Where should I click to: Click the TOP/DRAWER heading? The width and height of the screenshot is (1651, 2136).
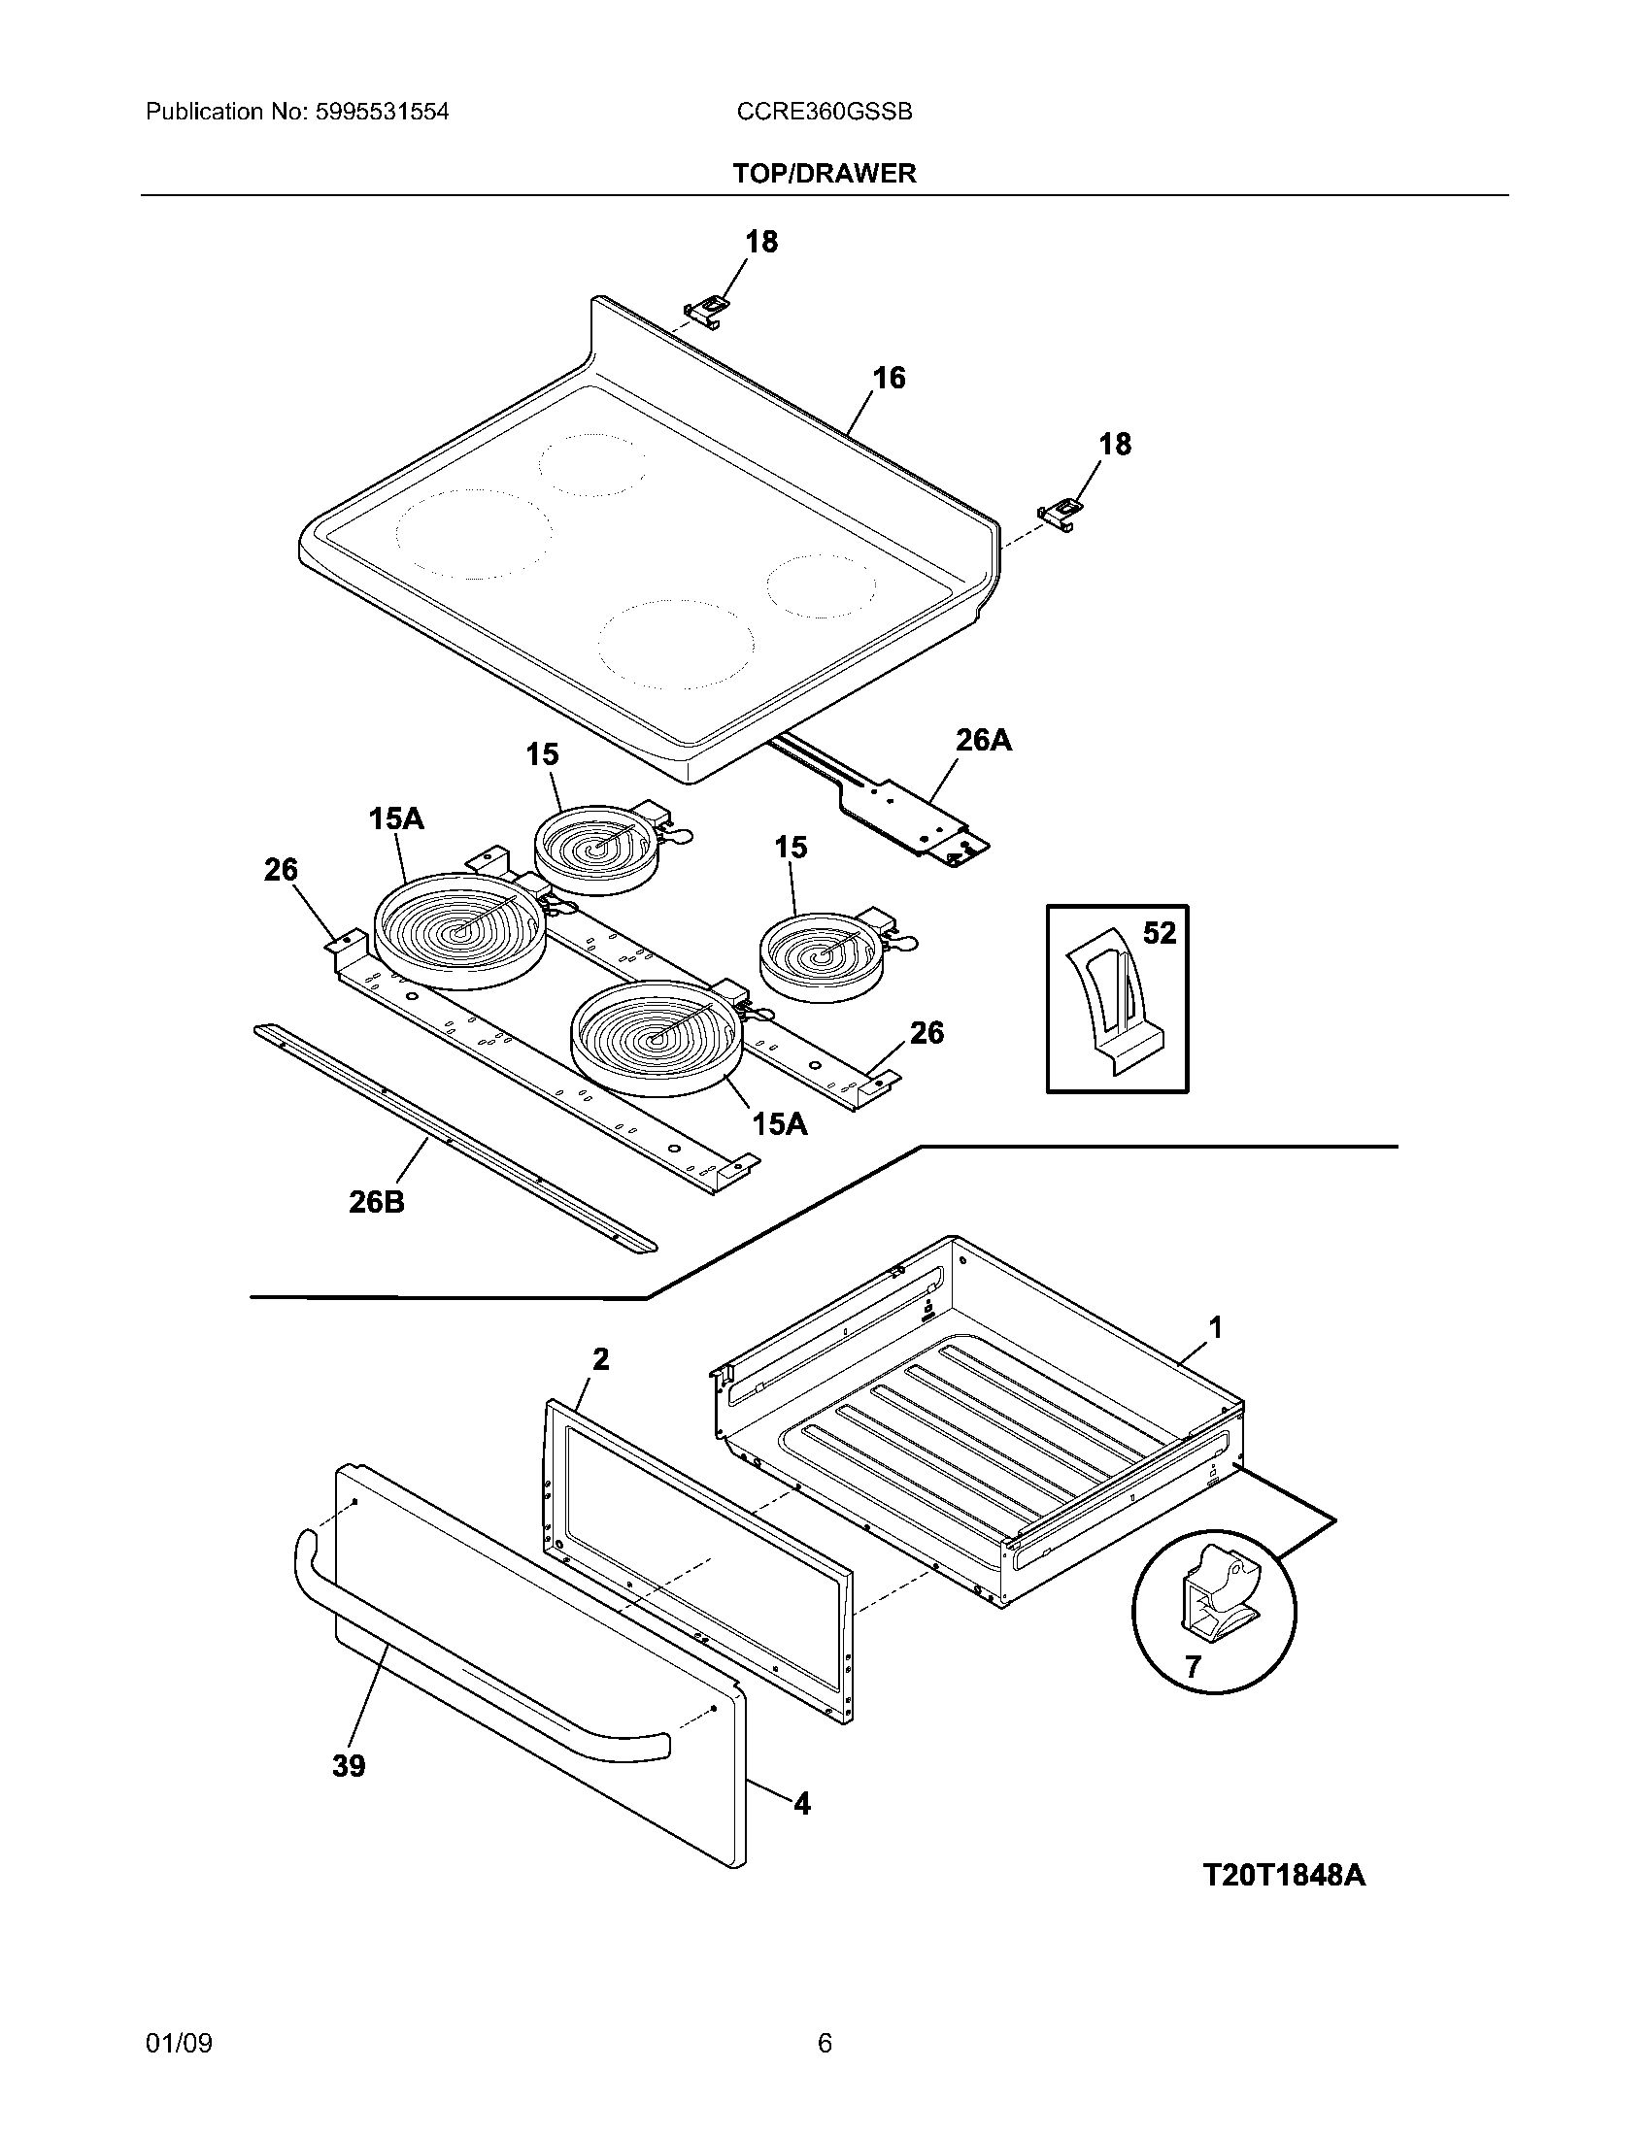point(825,174)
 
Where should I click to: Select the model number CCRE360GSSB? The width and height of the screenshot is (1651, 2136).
point(825,112)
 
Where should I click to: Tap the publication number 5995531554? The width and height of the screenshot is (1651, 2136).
point(382,112)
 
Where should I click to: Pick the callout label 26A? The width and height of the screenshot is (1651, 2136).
point(983,741)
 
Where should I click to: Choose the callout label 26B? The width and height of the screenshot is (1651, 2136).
point(377,1202)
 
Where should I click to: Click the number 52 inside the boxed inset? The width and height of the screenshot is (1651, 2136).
point(1159,933)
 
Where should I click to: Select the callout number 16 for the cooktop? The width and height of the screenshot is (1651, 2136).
point(888,378)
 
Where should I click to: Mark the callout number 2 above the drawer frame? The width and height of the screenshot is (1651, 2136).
point(600,1358)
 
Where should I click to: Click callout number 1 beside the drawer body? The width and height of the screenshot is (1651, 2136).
point(1216,1327)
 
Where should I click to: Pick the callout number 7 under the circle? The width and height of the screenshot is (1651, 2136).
point(1193,1666)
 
